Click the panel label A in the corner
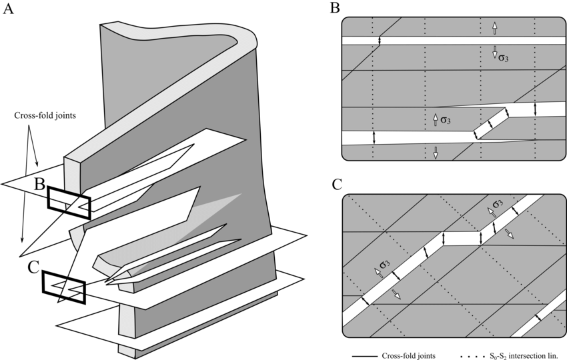pyautogui.click(x=9, y=8)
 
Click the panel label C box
pyautogui.click(x=334, y=185)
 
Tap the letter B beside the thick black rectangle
pyautogui.click(x=39, y=185)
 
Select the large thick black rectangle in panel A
pyautogui.click(x=69, y=203)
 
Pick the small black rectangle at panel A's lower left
pyautogui.click(x=75, y=287)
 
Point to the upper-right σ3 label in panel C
pyautogui.click(x=498, y=203)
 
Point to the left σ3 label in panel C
pyautogui.click(x=385, y=264)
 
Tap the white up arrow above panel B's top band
pyautogui.click(x=494, y=27)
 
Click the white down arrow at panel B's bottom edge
pyautogui.click(x=435, y=153)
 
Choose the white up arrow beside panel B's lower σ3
pyautogui.click(x=435, y=120)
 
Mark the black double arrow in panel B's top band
pyautogui.click(x=379, y=41)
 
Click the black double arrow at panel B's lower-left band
pyautogui.click(x=374, y=137)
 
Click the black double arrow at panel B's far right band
pyautogui.click(x=535, y=109)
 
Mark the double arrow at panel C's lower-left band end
pyautogui.click(x=365, y=301)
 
